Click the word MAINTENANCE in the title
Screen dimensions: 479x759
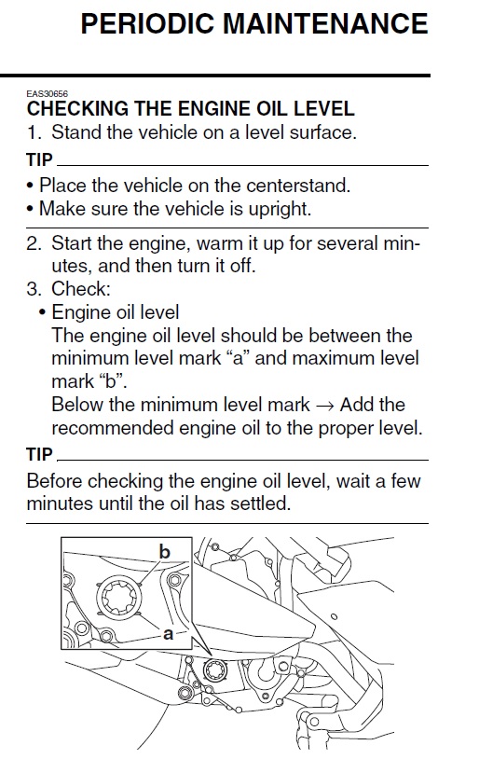[325, 23]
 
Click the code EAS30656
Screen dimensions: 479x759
[47, 94]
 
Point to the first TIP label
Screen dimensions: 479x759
[39, 159]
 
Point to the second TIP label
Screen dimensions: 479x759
[39, 454]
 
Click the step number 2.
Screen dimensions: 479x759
[34, 243]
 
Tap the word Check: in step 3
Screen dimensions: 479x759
[81, 289]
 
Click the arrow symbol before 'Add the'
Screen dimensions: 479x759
[324, 406]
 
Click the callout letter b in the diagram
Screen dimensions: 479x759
[165, 551]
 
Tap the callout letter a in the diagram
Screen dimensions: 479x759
[168, 633]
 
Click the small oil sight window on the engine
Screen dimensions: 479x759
[213, 670]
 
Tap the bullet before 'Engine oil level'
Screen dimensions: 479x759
[43, 313]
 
